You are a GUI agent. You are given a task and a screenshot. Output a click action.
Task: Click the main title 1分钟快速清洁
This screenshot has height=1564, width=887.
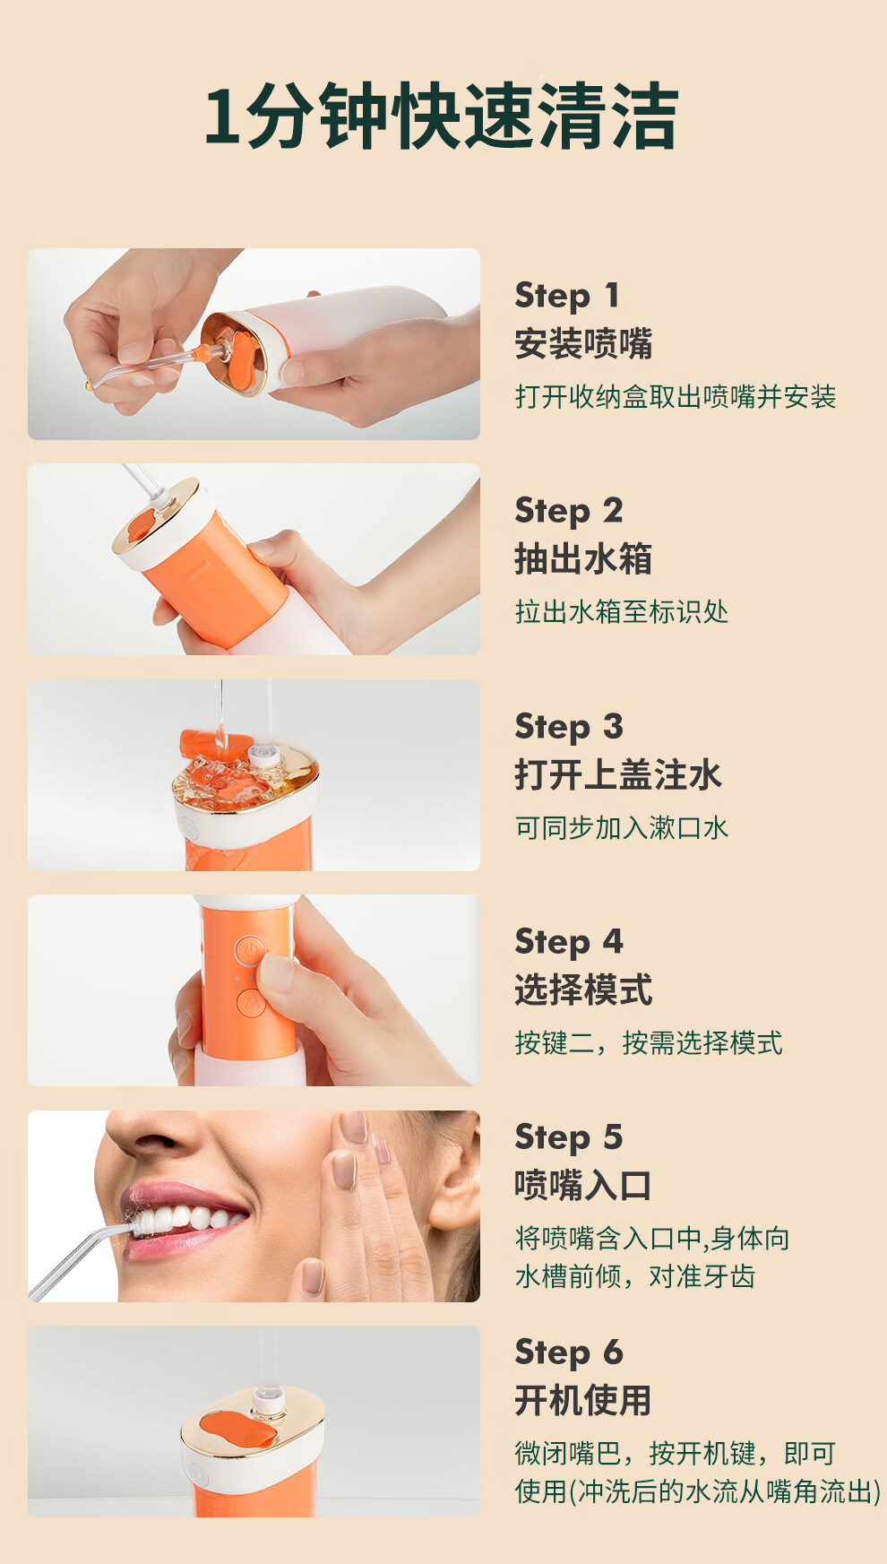click(x=441, y=117)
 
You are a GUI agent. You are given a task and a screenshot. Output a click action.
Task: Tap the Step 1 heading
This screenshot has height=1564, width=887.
click(x=566, y=296)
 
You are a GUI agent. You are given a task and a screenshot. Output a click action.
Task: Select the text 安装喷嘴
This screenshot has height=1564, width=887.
click(x=583, y=344)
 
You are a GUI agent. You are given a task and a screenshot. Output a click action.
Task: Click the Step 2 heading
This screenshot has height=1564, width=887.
click(x=568, y=511)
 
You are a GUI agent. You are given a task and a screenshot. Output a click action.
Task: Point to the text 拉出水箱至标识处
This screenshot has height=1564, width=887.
click(x=622, y=612)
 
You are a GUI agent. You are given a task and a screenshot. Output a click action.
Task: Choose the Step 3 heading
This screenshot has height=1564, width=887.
click(x=568, y=727)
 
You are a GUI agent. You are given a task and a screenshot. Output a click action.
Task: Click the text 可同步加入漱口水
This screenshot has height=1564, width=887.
click(x=622, y=827)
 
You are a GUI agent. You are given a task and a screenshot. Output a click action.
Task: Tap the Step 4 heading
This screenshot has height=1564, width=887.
click(x=568, y=942)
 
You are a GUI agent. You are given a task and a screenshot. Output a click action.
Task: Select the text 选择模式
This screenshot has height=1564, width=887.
click(x=583, y=990)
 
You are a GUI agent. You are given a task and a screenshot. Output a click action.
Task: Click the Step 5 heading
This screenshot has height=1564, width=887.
click(x=568, y=1137)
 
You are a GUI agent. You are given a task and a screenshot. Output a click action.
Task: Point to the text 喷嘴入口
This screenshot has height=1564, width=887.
click(x=583, y=1186)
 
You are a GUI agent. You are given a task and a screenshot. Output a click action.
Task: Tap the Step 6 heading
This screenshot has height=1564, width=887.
click(x=568, y=1352)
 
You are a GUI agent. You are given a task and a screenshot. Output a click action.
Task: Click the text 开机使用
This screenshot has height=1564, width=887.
click(x=583, y=1401)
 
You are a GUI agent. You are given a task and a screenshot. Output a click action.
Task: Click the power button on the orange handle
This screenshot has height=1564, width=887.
click(x=250, y=949)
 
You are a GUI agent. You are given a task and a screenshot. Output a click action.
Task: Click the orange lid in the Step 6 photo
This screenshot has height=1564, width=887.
click(x=237, y=1431)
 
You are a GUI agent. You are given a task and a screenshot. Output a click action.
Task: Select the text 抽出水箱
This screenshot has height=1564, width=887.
click(x=583, y=559)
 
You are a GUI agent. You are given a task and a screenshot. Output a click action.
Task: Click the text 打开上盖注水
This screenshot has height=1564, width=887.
click(x=618, y=775)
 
